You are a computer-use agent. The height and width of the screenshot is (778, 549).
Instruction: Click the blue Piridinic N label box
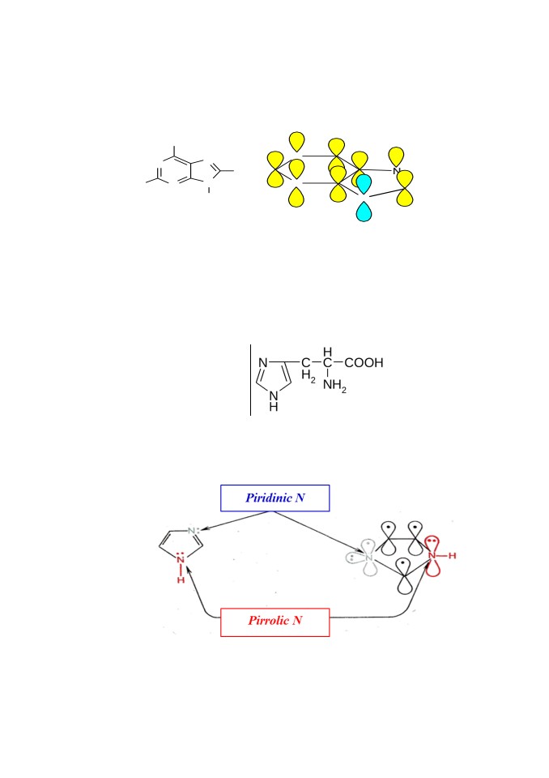pyautogui.click(x=274, y=498)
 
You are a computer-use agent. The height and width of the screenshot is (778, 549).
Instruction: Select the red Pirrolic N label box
pyautogui.click(x=274, y=622)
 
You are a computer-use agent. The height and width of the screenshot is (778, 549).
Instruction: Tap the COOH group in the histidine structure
pyautogui.click(x=364, y=363)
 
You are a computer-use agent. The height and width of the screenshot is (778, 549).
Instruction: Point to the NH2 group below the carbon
pyautogui.click(x=334, y=386)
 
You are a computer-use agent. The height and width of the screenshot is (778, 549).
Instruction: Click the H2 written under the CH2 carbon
pyautogui.click(x=308, y=377)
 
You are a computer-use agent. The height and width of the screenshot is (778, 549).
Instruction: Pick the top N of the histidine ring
pyautogui.click(x=263, y=363)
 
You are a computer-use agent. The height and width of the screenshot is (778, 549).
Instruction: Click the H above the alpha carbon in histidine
pyautogui.click(x=327, y=352)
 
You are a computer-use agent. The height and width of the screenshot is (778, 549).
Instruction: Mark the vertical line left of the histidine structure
pyautogui.click(x=250, y=379)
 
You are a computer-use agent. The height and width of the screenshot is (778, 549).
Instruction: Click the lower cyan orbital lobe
pyautogui.click(x=364, y=212)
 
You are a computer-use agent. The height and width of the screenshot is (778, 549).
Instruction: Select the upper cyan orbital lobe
pyautogui.click(x=364, y=184)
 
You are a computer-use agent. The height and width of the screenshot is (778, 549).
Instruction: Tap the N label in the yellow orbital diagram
pyautogui.click(x=396, y=171)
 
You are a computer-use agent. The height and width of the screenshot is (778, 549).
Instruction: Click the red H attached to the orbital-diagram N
pyautogui.click(x=452, y=556)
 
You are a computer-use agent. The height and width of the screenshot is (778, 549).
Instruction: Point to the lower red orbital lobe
pyautogui.click(x=433, y=568)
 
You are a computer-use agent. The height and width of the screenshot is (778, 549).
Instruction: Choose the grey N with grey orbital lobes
pyautogui.click(x=368, y=558)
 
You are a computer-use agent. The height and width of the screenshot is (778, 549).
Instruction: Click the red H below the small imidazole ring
pyautogui.click(x=181, y=579)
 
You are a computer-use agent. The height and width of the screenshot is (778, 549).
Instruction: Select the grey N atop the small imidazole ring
pyautogui.click(x=192, y=532)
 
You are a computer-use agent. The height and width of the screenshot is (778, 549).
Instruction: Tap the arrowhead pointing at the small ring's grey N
pyautogui.click(x=203, y=529)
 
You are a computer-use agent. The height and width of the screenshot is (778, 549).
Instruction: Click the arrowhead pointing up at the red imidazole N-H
pyautogui.click(x=189, y=574)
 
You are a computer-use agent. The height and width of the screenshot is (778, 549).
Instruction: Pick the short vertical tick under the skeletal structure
pyautogui.click(x=209, y=190)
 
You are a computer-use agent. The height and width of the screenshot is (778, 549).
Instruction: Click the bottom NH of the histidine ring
pyautogui.click(x=273, y=401)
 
